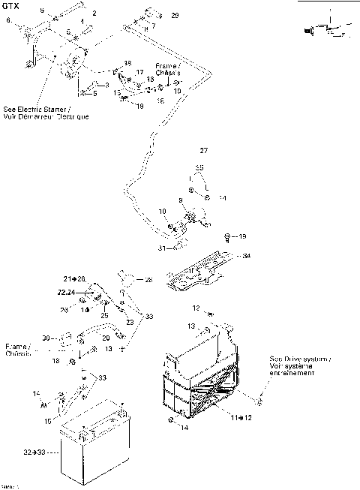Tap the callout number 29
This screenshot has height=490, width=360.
click(x=175, y=15)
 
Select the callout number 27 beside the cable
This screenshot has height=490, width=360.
click(x=204, y=151)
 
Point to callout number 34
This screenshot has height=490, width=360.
click(x=247, y=256)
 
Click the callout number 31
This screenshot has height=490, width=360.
click(x=161, y=248)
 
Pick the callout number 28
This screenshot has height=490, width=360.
click(x=148, y=280)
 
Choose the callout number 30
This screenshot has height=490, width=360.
click(x=46, y=338)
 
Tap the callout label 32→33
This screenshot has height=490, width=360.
click(x=34, y=452)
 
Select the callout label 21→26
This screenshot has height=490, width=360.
click(x=75, y=279)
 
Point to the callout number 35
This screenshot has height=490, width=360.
click(x=199, y=167)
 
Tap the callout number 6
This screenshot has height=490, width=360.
click(x=8, y=20)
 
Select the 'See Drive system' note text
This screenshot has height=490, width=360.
click(x=299, y=366)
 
